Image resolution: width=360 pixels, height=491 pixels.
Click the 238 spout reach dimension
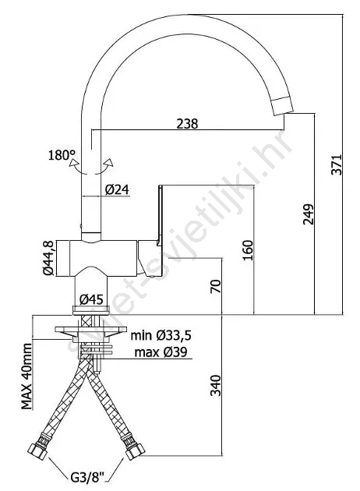187,124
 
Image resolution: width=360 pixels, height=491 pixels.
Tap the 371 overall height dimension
337,164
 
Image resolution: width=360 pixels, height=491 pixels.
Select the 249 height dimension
308,214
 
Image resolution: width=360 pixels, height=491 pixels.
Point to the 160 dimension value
248,250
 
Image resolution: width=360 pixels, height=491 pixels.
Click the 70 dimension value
216,286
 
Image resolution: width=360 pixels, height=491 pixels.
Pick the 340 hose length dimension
216,385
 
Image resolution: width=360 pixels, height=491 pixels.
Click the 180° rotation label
62,155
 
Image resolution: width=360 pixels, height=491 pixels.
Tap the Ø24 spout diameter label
117,189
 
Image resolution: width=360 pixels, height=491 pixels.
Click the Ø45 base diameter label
91,300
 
